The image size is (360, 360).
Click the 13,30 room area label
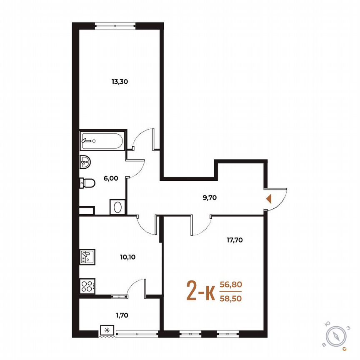coord(119,82)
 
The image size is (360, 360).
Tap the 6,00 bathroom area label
coord(111,178)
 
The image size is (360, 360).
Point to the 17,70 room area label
coord(234,240)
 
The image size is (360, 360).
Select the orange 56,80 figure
coord(234,285)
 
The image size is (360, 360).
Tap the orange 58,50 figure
coord(234,298)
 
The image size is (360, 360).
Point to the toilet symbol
coord(87,182)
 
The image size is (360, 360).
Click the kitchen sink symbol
coord(87,257)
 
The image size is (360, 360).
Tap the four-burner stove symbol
coord(87,286)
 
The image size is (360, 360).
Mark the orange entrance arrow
coord(269,198)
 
